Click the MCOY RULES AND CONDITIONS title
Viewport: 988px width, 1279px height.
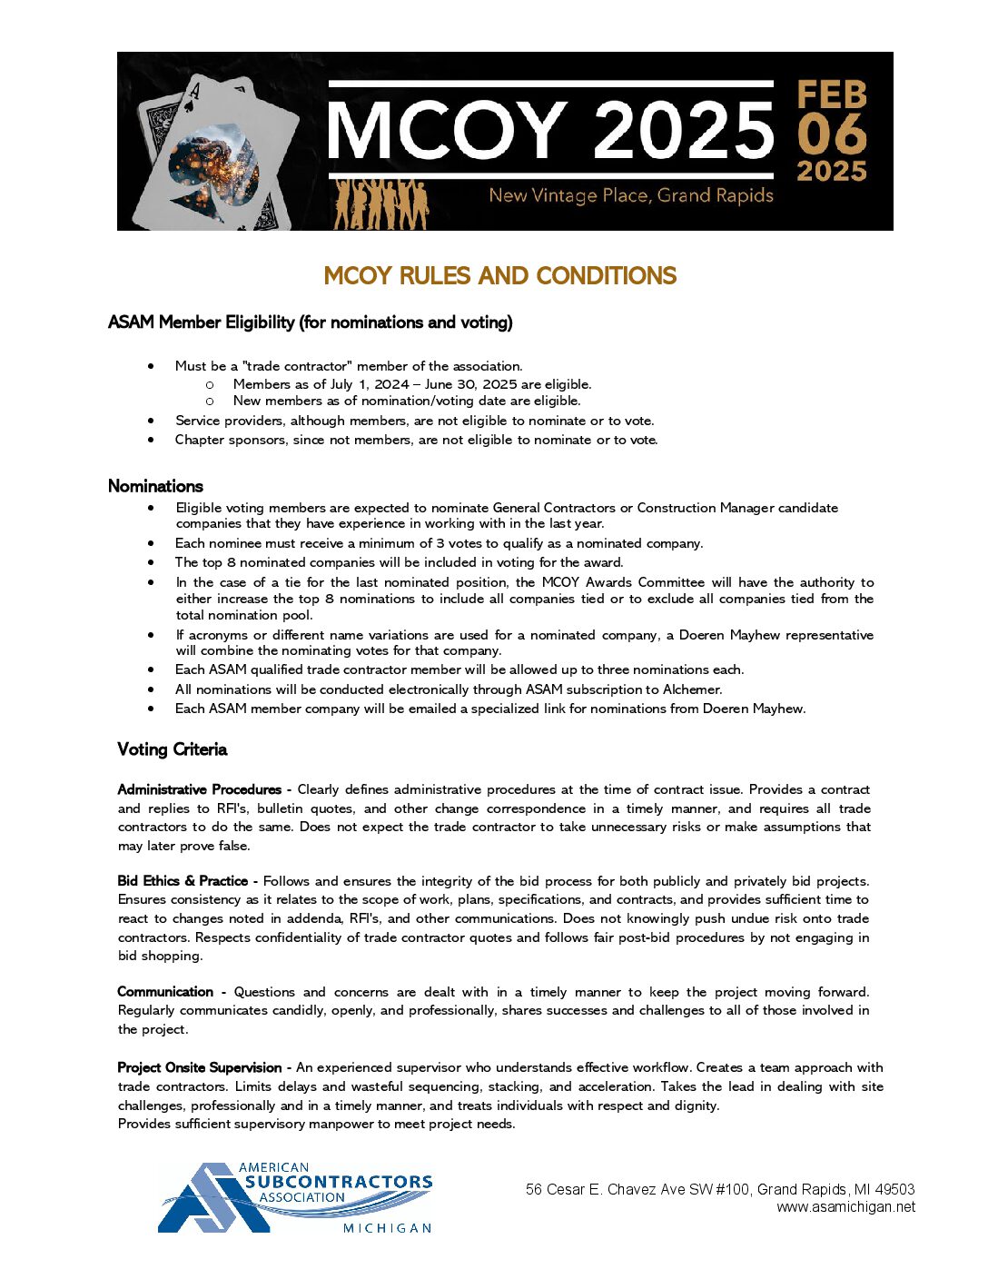click(x=499, y=276)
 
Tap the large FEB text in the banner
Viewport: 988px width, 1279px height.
click(x=832, y=95)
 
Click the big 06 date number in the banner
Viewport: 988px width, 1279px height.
click(x=832, y=134)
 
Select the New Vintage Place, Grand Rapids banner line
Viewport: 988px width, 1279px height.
click(x=630, y=195)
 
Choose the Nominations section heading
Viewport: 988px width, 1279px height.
click(x=155, y=486)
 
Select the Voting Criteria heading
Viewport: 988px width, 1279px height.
click(x=172, y=749)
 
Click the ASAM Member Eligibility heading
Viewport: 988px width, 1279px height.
click(x=310, y=322)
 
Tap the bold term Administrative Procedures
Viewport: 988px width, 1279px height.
click(x=200, y=789)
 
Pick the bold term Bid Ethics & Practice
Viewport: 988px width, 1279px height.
click(x=183, y=880)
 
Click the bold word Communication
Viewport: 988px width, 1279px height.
click(x=165, y=992)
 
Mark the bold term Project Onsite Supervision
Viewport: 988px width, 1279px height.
click(x=200, y=1067)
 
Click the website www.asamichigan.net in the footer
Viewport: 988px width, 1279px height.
click(x=845, y=1207)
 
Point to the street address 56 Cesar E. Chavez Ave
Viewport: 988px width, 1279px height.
click(x=637, y=1189)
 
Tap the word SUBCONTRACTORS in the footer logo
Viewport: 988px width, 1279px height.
click(x=338, y=1182)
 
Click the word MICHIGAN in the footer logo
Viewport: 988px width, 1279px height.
click(x=387, y=1228)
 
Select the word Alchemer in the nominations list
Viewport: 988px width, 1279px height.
click(x=692, y=689)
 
